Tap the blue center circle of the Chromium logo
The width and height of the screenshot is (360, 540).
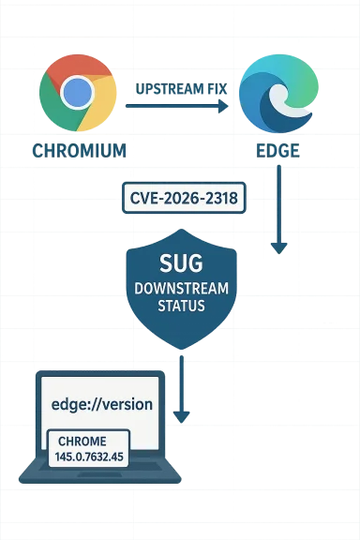[x=78, y=92]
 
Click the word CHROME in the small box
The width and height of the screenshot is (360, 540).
[x=82, y=441]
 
